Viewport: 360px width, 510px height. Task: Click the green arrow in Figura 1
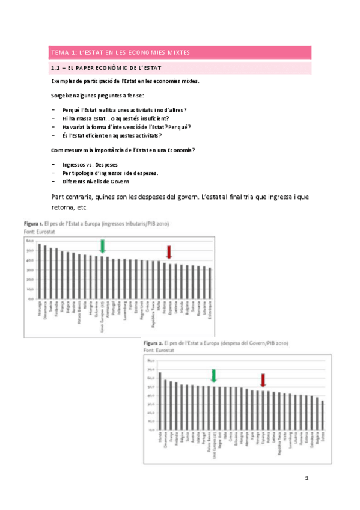click(x=103, y=246)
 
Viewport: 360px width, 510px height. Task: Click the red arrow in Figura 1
click(x=169, y=252)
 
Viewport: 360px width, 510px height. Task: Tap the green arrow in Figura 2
click(x=213, y=376)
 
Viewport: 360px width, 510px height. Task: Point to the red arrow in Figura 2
click(x=263, y=381)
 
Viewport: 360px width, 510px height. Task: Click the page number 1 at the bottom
click(x=307, y=479)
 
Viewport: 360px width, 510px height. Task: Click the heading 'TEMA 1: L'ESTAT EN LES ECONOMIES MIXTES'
click(x=120, y=52)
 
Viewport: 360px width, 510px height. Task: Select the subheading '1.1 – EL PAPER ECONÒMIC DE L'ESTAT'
click(x=106, y=69)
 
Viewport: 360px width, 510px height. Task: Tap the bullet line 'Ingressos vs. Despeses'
click(x=90, y=164)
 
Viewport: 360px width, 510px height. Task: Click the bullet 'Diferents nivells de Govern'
click(x=95, y=181)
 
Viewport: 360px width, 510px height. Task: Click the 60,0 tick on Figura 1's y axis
click(x=29, y=241)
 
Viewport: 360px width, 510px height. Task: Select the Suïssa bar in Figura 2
click(x=323, y=416)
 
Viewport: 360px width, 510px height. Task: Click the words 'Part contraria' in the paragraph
click(x=73, y=197)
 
